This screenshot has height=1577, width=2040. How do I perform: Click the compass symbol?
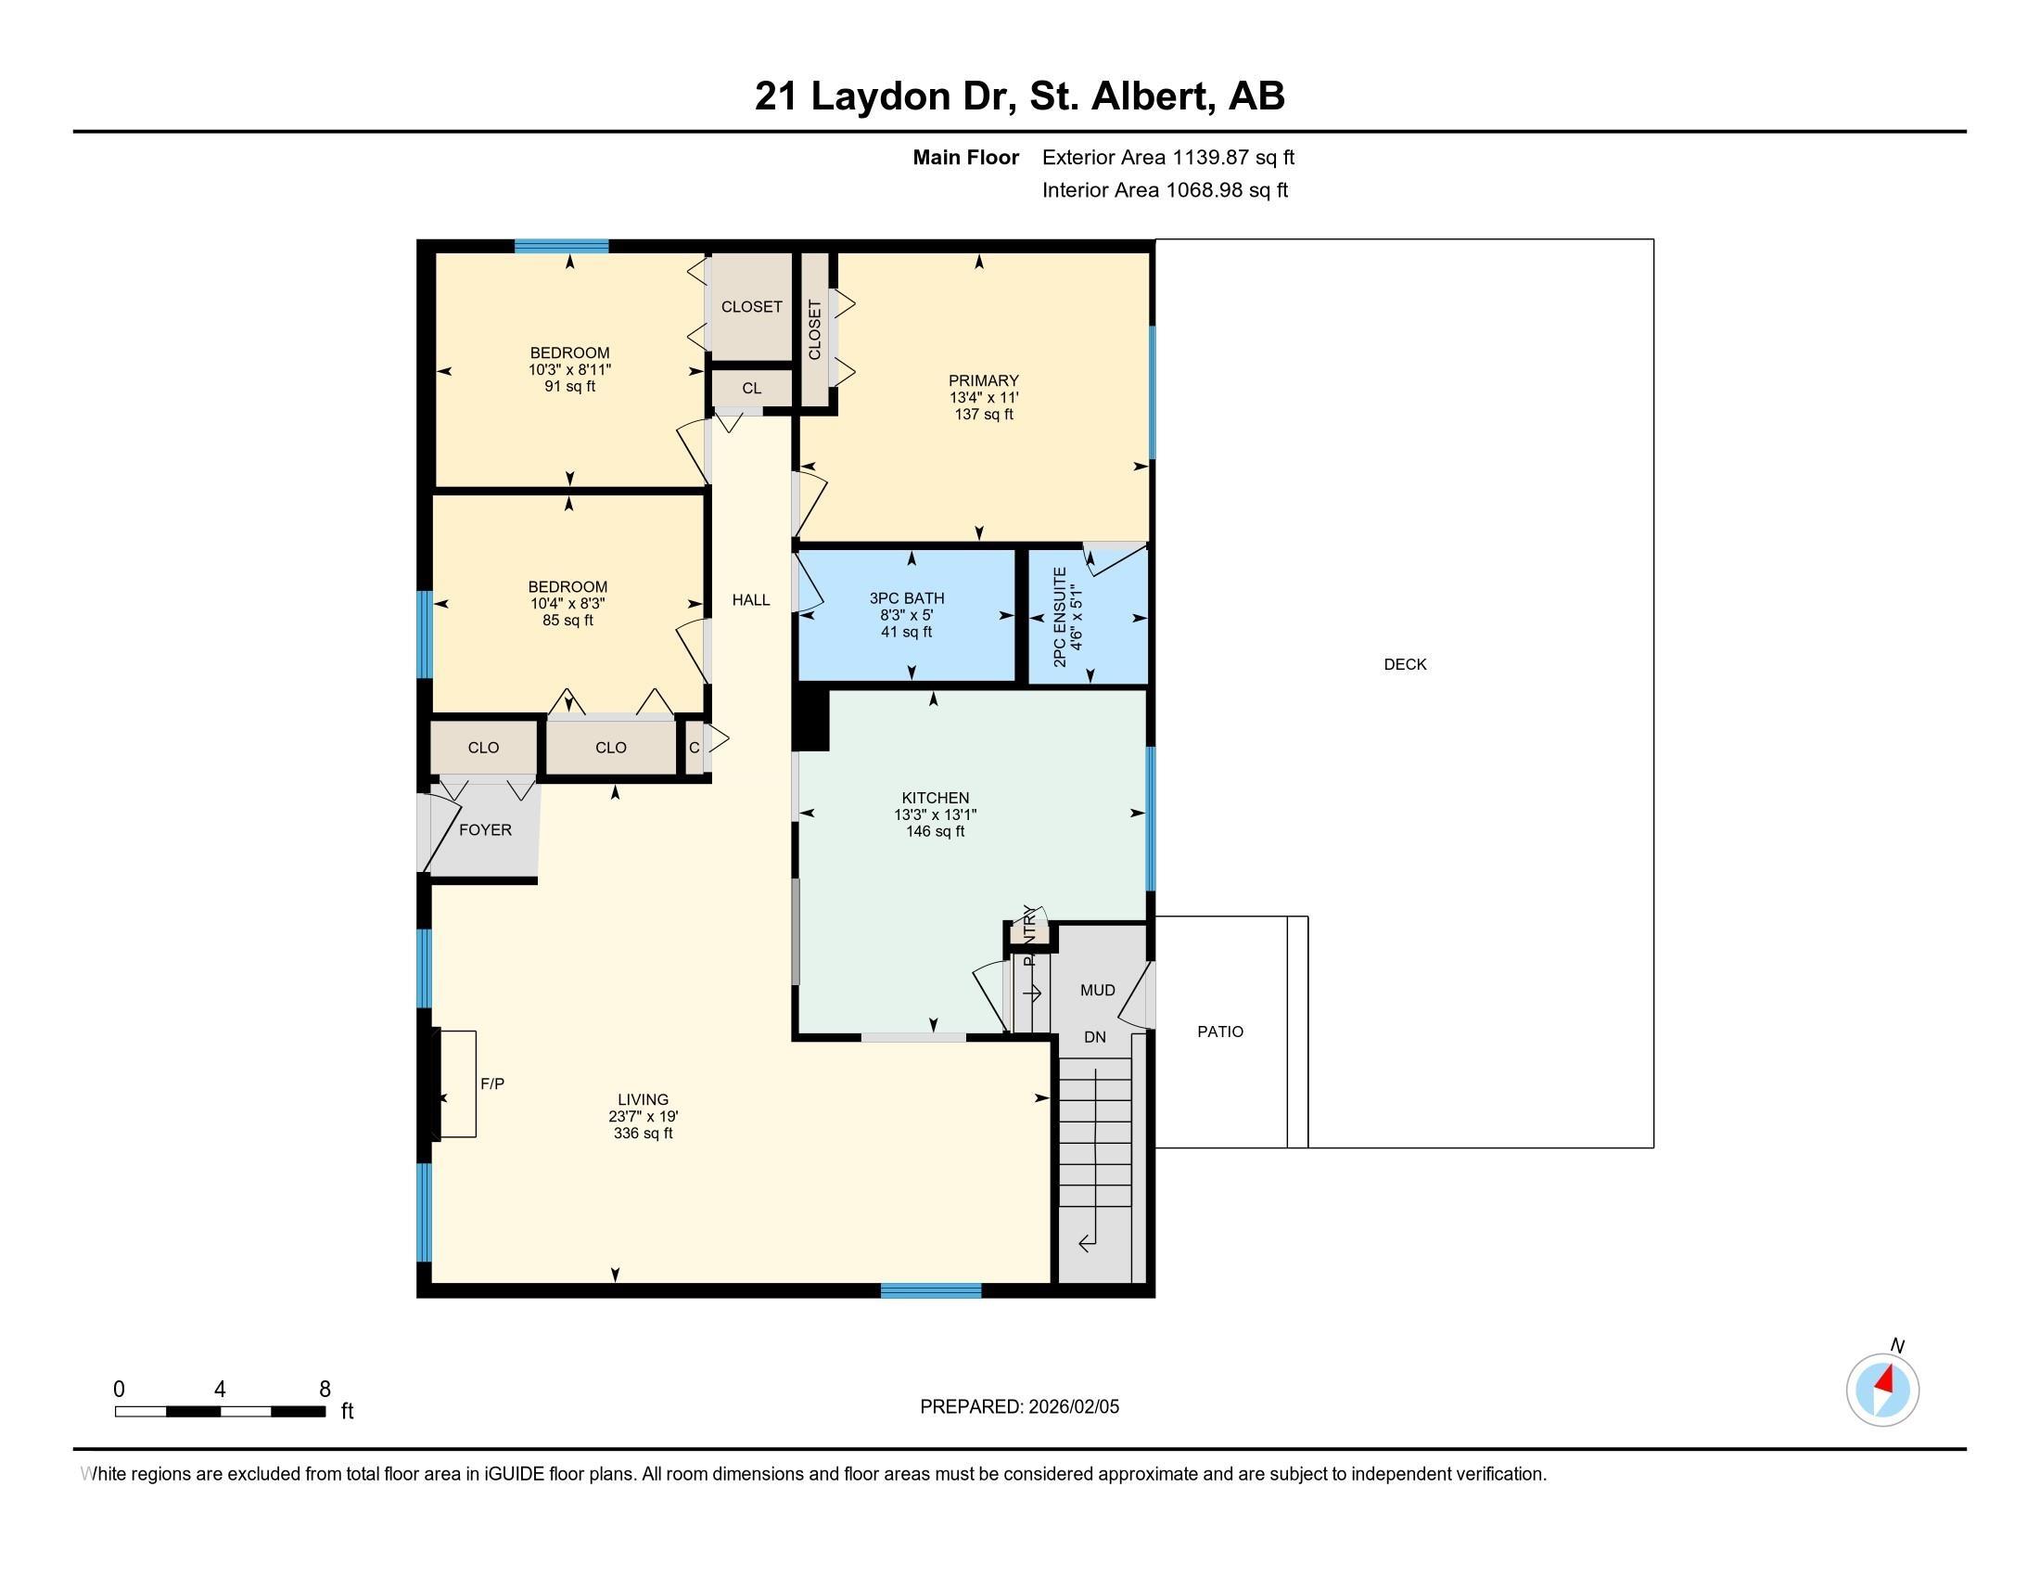1882,1390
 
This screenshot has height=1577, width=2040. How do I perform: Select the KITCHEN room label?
935,798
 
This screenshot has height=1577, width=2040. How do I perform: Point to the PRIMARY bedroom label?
984,380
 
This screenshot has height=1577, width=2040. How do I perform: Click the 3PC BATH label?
907,598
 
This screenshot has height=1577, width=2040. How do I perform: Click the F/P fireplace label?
492,1083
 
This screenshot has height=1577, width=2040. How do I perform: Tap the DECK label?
1405,664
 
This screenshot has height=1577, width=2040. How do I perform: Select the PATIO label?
1220,1032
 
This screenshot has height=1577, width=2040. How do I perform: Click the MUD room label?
1098,991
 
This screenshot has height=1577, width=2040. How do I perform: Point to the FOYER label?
485,829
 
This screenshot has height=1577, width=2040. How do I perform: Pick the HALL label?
751,600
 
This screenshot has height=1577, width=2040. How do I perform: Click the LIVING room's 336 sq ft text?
643,1134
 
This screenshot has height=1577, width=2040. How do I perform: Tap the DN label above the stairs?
1095,1037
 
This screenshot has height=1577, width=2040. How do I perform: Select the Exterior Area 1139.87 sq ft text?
1168,157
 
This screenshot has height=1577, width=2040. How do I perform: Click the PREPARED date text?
1019,1406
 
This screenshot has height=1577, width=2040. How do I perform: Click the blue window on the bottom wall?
930,1290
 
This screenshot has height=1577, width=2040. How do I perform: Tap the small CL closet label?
752,388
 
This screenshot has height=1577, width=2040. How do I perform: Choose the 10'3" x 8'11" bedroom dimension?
569,369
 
